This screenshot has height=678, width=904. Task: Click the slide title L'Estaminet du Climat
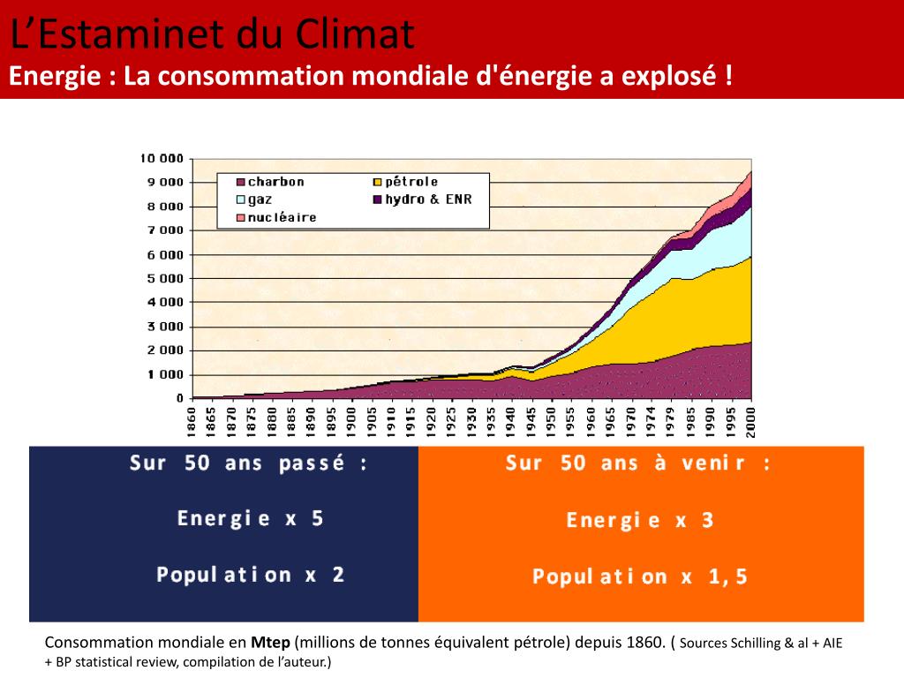(x=212, y=35)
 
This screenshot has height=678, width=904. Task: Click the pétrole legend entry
(x=411, y=182)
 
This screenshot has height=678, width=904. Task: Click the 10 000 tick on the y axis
(x=162, y=159)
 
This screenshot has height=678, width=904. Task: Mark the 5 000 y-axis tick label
(x=163, y=279)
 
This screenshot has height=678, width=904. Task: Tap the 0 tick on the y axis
(x=179, y=399)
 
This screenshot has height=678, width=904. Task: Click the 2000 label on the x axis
(x=750, y=421)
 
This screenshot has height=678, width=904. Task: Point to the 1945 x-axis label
(x=531, y=421)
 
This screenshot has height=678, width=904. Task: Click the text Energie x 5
(x=251, y=518)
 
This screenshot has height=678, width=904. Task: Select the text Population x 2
(x=251, y=575)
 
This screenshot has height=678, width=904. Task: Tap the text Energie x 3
(x=640, y=520)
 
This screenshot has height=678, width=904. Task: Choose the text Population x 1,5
(x=640, y=577)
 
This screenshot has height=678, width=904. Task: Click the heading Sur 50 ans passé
(x=248, y=464)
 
